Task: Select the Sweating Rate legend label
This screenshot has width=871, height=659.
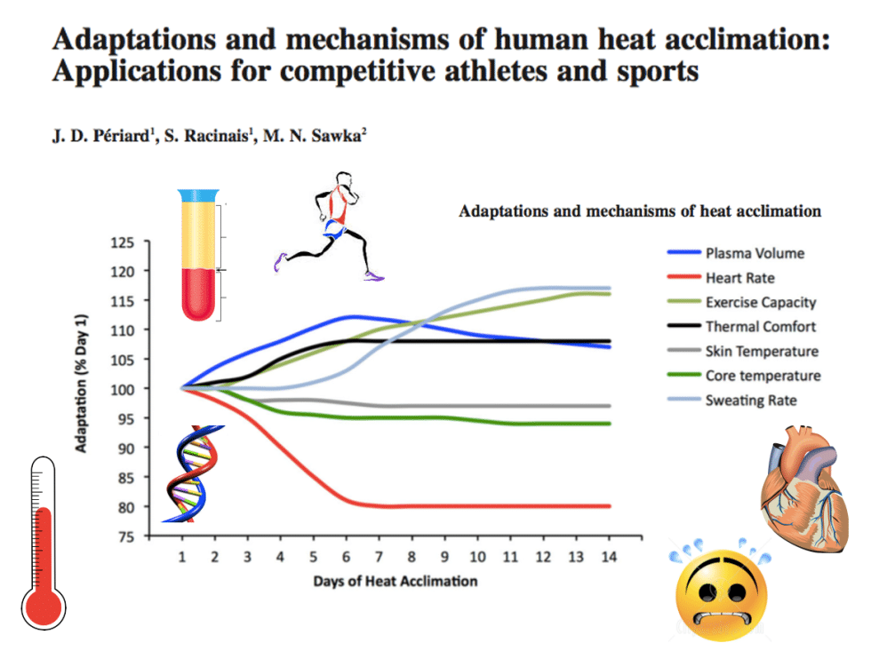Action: [x=750, y=401]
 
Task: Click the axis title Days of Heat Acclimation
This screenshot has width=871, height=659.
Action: [x=395, y=581]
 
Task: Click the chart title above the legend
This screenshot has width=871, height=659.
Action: [x=639, y=211]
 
